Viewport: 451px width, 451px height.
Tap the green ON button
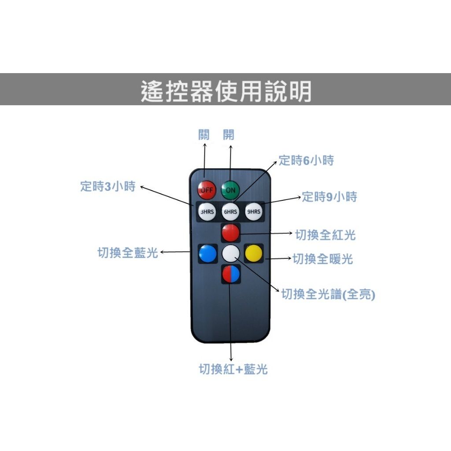point(230,190)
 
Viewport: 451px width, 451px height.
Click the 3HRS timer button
point(207,212)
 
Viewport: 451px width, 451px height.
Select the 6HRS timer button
point(230,212)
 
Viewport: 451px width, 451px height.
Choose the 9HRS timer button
point(254,212)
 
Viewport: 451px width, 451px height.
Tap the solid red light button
point(231,233)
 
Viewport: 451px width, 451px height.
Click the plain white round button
point(231,254)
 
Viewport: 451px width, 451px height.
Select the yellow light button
point(254,253)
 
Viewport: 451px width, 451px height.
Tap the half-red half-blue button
point(231,274)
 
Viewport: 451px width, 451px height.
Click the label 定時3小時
point(108,186)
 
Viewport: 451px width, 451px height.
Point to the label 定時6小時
point(307,160)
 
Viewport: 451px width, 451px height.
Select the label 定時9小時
point(329,197)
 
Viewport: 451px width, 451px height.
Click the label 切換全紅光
point(325,235)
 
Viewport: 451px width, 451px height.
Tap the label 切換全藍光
point(128,253)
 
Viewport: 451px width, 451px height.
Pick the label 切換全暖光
point(323,259)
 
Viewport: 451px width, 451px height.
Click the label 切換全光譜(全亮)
point(328,294)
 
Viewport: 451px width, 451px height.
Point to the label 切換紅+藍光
point(233,369)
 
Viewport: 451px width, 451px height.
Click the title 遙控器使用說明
point(226,91)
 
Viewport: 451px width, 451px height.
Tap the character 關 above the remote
point(204,134)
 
